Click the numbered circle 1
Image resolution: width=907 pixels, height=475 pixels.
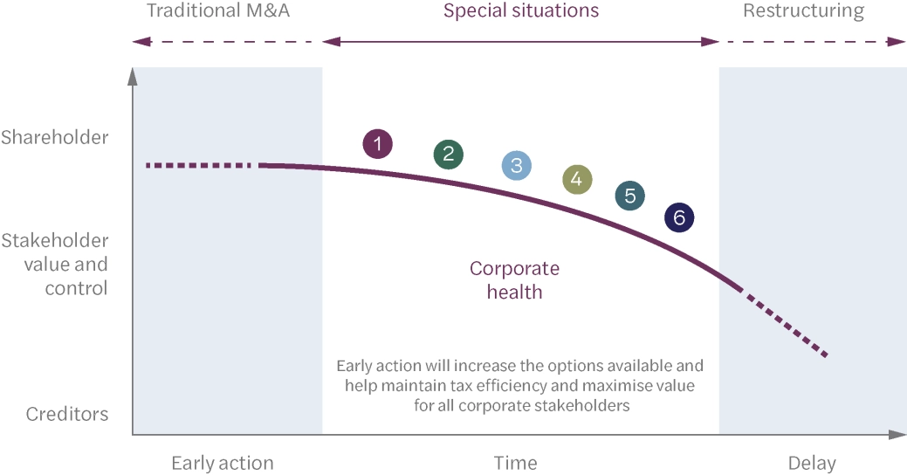(377, 143)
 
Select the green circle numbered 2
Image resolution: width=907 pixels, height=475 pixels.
(448, 155)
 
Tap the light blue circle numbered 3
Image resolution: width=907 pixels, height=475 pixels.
(517, 165)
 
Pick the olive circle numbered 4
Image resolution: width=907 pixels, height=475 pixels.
(577, 180)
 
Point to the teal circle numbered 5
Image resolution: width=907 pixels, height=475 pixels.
(629, 196)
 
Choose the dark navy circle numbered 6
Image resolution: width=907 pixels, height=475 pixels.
(679, 217)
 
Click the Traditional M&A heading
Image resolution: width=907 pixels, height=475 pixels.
(218, 11)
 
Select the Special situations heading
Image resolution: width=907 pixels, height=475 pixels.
(521, 11)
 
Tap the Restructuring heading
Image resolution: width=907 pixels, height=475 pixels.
(803, 11)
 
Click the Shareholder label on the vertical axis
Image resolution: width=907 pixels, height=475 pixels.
(55, 138)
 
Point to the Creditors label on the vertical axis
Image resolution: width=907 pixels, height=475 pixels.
(67, 414)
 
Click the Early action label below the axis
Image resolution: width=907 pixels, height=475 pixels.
(223, 463)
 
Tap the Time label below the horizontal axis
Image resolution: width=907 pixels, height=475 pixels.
(515, 463)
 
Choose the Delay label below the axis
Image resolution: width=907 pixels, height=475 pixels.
(812, 463)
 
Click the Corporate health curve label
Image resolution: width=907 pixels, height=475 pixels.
(515, 279)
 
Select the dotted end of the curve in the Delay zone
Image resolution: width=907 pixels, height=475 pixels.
(786, 325)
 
